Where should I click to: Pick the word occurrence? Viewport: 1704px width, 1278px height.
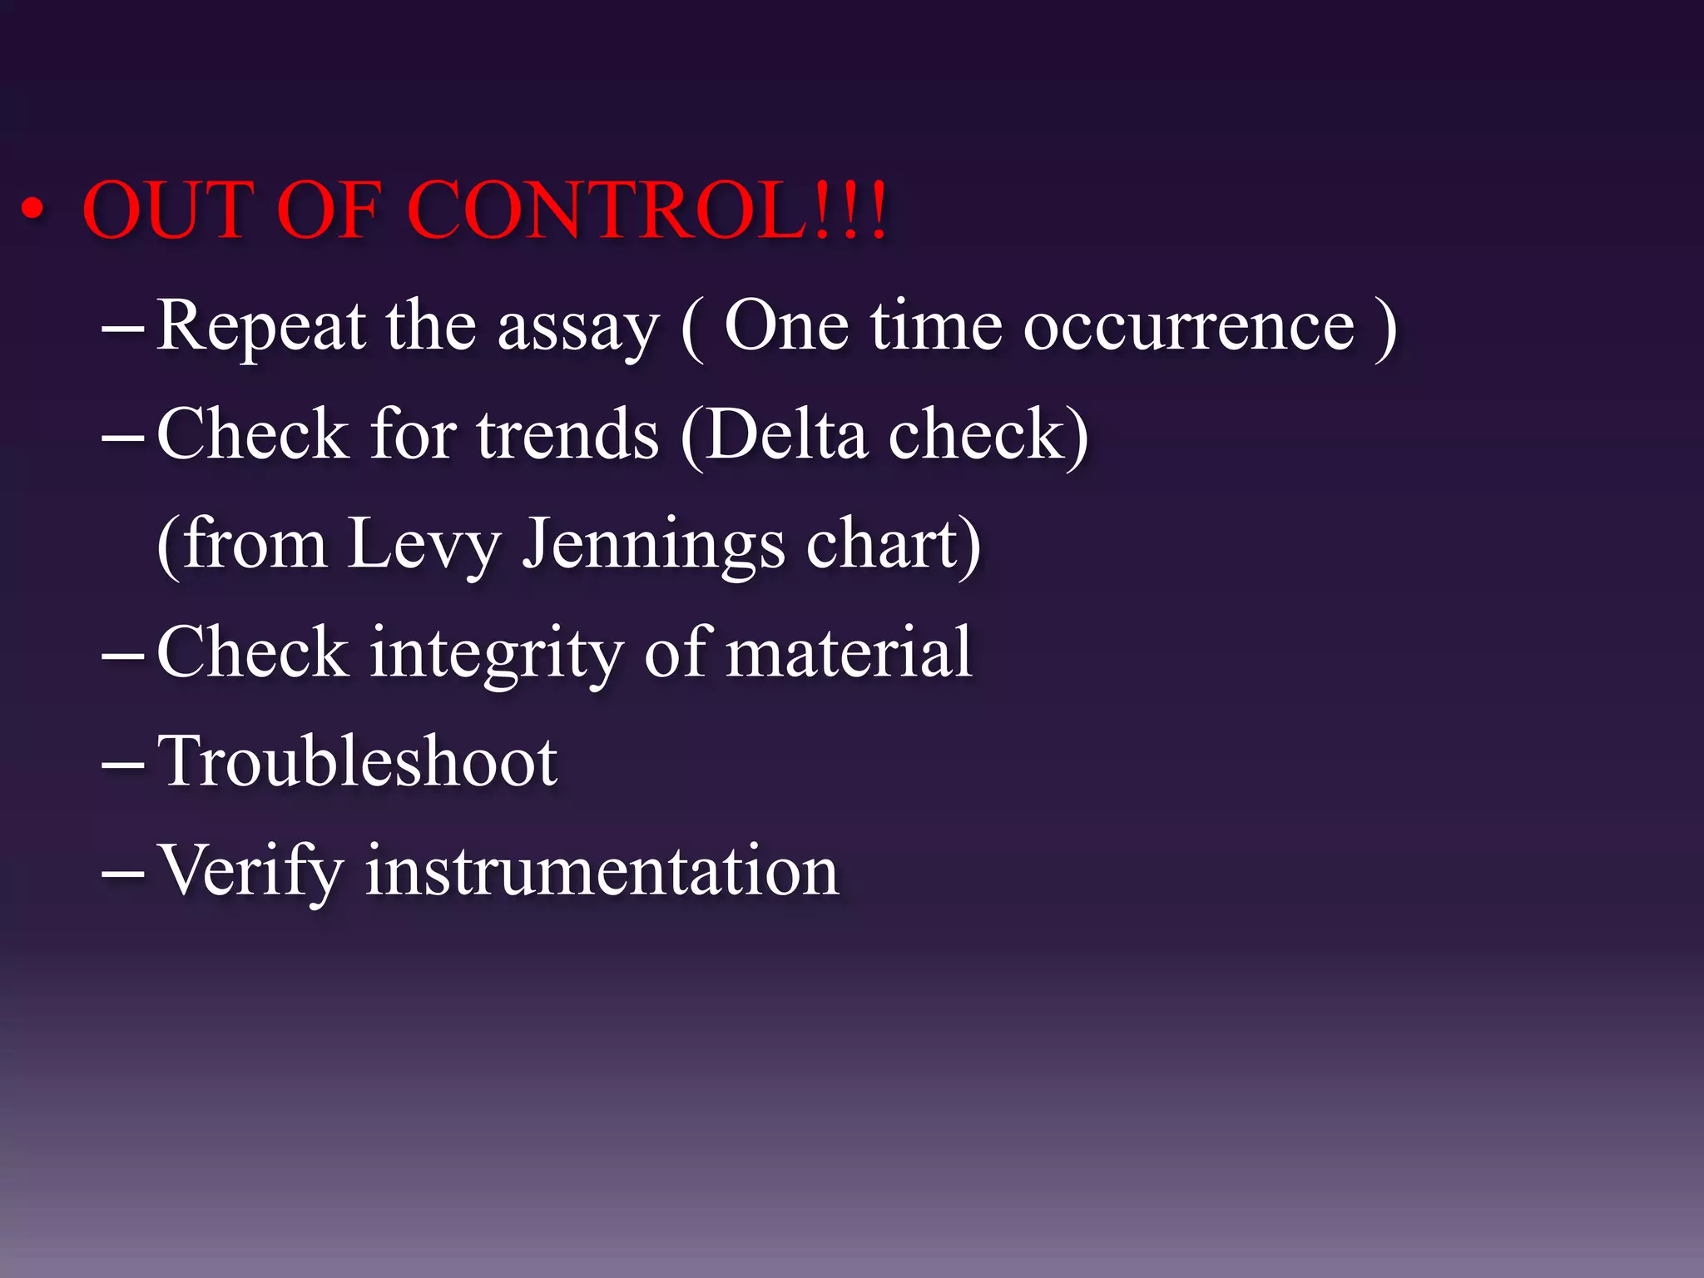1189,326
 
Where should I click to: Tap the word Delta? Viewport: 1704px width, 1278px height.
787,434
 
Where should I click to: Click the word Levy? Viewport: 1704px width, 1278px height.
424,544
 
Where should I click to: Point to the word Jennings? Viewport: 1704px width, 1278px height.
653,544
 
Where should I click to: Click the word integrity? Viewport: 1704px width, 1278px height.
496,654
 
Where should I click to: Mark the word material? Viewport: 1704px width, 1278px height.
849,652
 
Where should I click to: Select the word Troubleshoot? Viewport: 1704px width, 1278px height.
358,760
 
